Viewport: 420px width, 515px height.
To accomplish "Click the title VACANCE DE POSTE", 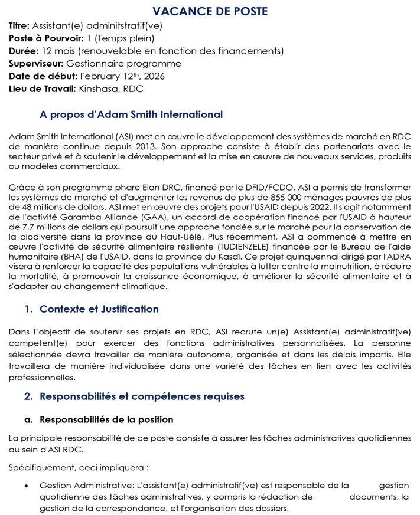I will (x=210, y=11).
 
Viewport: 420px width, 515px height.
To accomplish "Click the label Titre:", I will (x=19, y=25).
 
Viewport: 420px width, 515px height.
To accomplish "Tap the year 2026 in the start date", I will (x=152, y=76).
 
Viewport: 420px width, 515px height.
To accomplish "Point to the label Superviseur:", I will (x=36, y=64).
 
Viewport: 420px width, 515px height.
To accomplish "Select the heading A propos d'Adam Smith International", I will (x=131, y=114).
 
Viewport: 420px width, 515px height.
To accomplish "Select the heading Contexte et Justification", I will (x=99, y=309).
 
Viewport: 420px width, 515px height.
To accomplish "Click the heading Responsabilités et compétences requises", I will (x=142, y=396).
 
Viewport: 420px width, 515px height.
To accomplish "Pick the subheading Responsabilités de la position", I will (x=106, y=420).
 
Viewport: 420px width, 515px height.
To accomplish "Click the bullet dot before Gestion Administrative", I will (x=27, y=486).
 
